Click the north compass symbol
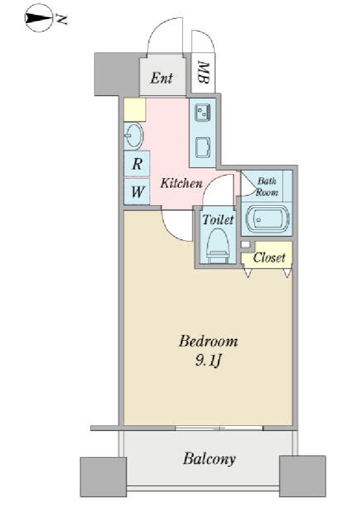tap(39, 18)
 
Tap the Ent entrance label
tap(162, 78)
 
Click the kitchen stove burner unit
tap(203, 113)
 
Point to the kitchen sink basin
tap(203, 148)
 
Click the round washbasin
tap(134, 136)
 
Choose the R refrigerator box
tap(137, 164)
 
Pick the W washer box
tap(137, 192)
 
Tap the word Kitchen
tap(181, 183)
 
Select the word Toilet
tap(218, 220)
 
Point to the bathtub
tap(267, 220)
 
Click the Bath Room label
tap(267, 187)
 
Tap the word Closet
tap(269, 258)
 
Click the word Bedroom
tap(209, 341)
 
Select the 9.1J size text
tap(208, 360)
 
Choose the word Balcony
tap(209, 459)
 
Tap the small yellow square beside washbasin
tap(135, 109)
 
